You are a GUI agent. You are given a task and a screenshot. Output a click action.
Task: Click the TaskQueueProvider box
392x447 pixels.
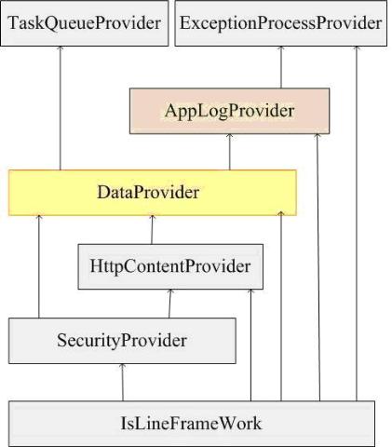tap(85, 23)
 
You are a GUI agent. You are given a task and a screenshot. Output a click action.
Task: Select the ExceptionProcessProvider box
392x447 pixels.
tap(281, 23)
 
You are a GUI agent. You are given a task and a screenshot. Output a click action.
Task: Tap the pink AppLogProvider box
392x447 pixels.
tap(229, 111)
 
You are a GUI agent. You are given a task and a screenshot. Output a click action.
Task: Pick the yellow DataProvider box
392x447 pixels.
tap(153, 193)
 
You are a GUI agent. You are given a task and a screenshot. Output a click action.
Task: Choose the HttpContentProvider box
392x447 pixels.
tap(170, 266)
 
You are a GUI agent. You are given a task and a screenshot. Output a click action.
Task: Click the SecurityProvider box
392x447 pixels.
tap(122, 341)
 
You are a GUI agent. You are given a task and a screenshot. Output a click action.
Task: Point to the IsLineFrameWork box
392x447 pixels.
tap(192, 424)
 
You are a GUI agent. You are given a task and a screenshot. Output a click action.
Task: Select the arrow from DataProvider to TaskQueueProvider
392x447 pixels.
tap(61, 108)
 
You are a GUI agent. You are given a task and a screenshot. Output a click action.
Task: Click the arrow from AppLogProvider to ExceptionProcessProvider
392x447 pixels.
tap(281, 67)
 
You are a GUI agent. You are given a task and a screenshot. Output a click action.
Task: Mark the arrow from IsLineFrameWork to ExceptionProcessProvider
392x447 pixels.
tap(357, 223)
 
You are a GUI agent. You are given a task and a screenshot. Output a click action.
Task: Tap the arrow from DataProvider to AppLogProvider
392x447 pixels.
tap(230, 152)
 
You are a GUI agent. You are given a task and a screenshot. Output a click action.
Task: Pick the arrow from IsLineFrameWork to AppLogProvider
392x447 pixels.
tap(318, 267)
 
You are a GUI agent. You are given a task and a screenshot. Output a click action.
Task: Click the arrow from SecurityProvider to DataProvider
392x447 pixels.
tap(39, 266)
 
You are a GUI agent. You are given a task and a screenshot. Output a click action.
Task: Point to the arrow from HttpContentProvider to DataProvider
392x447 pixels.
tap(152, 230)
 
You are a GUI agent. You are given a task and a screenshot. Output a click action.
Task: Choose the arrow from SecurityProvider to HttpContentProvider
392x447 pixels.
tap(169, 304)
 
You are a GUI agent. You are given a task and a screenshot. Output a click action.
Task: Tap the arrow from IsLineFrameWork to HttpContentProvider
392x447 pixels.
tap(251, 345)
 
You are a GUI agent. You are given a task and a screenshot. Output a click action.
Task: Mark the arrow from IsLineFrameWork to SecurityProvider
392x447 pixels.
tap(123, 382)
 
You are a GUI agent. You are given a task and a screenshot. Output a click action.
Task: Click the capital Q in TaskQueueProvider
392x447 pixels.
tap(52, 23)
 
